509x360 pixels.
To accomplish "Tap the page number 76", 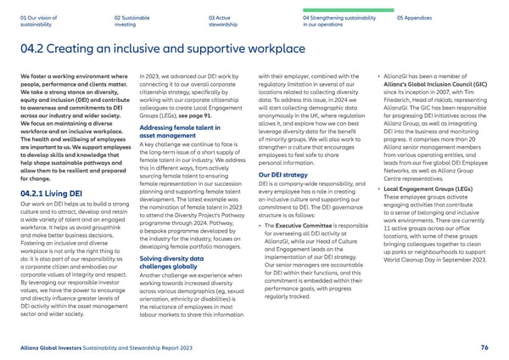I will click(484, 347).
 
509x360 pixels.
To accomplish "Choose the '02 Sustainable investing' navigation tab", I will click(133, 21).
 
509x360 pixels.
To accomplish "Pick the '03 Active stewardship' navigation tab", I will click(223, 21).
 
